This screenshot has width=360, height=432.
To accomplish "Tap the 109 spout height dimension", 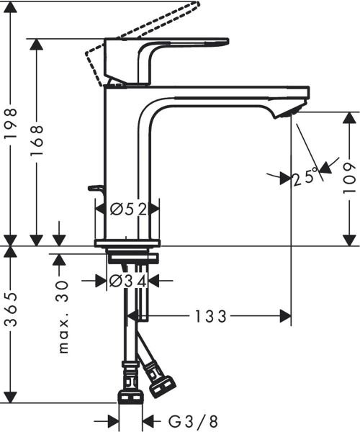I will pos(348,178).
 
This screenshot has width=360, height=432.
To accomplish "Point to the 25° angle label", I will pos(306,176).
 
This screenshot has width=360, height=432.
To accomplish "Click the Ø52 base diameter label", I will pos(128,210).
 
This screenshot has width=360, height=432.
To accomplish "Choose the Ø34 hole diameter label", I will pos(128,281).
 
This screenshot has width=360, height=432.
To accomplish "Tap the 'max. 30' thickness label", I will pos(63,317).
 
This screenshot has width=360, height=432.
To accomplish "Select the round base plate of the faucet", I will pos(127,242).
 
